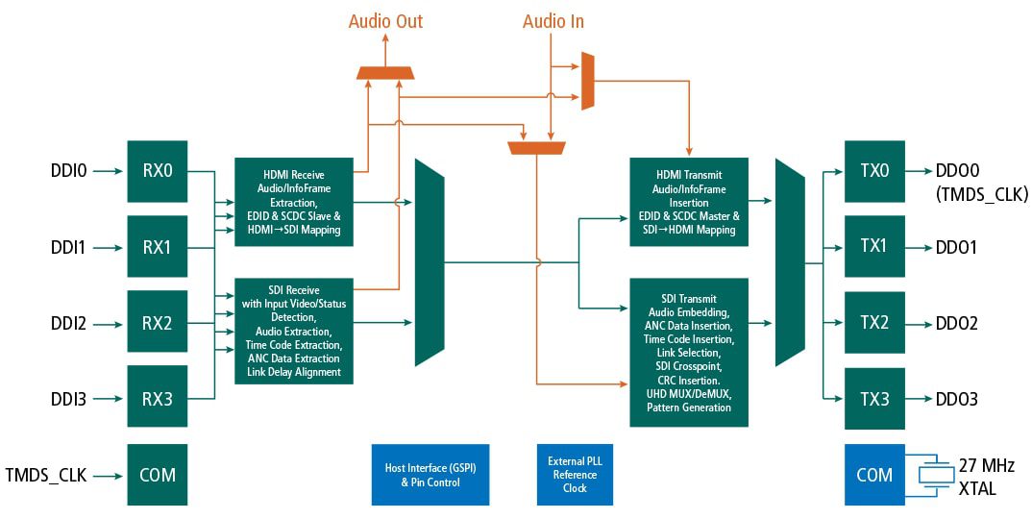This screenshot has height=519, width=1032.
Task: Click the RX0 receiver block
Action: (x=157, y=172)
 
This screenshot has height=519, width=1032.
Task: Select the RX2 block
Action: (x=157, y=323)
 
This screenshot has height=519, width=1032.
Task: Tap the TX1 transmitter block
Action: (x=874, y=247)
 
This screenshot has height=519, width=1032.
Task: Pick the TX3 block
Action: (x=874, y=398)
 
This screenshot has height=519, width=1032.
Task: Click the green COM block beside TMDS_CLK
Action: (x=157, y=475)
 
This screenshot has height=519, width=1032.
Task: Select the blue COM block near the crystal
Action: (x=874, y=475)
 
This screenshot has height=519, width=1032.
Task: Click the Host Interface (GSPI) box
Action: (x=430, y=475)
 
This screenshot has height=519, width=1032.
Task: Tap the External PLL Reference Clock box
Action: (x=575, y=475)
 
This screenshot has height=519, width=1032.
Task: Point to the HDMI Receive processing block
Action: (x=294, y=203)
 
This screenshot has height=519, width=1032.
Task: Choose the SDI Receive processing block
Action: (x=294, y=331)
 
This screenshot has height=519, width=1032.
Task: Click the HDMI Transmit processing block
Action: (x=688, y=203)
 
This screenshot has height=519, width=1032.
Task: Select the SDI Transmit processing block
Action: (x=688, y=353)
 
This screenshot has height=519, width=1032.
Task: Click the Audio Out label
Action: (x=385, y=21)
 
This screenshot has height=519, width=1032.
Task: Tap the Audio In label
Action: (x=553, y=21)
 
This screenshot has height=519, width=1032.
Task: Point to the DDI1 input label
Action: (x=68, y=248)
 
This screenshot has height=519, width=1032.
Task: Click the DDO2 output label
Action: (x=956, y=324)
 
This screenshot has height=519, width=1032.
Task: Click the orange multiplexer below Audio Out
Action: (x=385, y=73)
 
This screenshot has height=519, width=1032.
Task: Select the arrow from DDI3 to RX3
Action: (x=109, y=398)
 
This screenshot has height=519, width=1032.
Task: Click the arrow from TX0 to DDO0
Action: (x=919, y=172)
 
